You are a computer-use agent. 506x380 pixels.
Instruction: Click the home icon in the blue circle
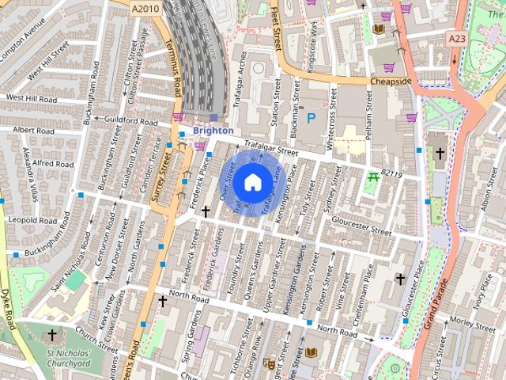pos(251,182)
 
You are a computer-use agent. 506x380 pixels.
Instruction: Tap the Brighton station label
pos(213,131)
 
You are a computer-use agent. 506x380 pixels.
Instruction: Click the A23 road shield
pos(456,38)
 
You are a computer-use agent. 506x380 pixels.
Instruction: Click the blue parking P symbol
pos(311,118)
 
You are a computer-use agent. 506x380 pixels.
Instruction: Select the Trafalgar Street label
pos(271,148)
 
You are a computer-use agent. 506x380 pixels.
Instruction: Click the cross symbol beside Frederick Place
pos(206,211)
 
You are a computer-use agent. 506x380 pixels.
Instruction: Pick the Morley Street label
pos(470,319)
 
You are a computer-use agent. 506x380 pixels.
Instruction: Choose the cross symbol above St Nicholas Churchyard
pos(52,336)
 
